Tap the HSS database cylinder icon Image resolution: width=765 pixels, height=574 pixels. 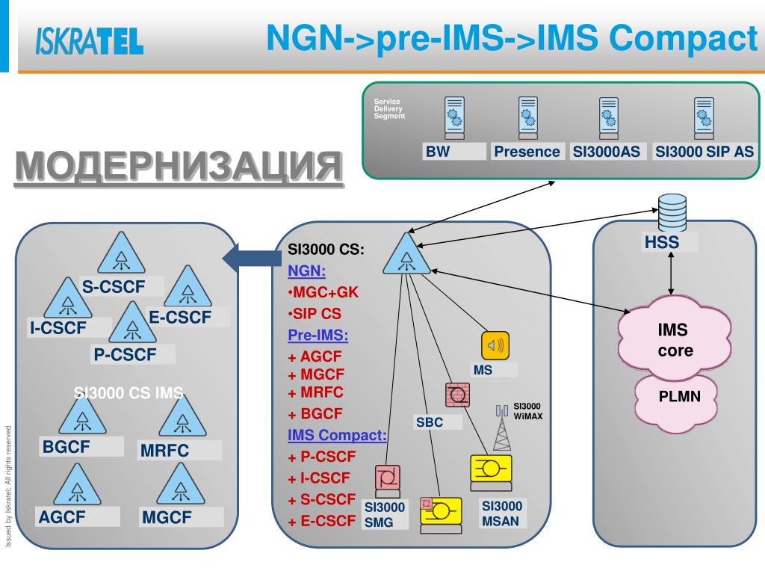[669, 214]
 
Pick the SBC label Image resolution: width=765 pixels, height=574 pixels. [430, 422]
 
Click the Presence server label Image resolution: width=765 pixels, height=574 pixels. [527, 152]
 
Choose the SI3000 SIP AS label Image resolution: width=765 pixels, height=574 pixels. [704, 152]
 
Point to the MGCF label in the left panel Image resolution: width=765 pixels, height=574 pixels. [167, 516]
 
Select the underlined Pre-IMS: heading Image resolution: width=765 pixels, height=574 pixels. [318, 335]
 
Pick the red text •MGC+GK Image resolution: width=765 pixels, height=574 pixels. [323, 292]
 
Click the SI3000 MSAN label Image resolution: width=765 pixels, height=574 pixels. [502, 513]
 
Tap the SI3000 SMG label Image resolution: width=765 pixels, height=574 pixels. [384, 516]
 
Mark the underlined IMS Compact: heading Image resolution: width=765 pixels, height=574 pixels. [337, 435]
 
